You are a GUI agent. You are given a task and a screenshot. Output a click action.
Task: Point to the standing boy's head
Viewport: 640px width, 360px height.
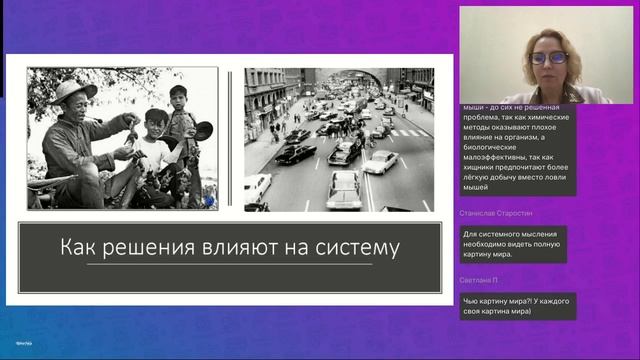[179, 97]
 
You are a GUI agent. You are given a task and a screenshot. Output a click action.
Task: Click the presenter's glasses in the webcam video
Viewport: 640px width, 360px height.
[550, 58]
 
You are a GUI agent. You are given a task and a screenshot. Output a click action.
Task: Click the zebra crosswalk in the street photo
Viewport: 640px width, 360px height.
[405, 132]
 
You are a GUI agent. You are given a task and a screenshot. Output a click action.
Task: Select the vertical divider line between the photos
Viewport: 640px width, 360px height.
[231, 139]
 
